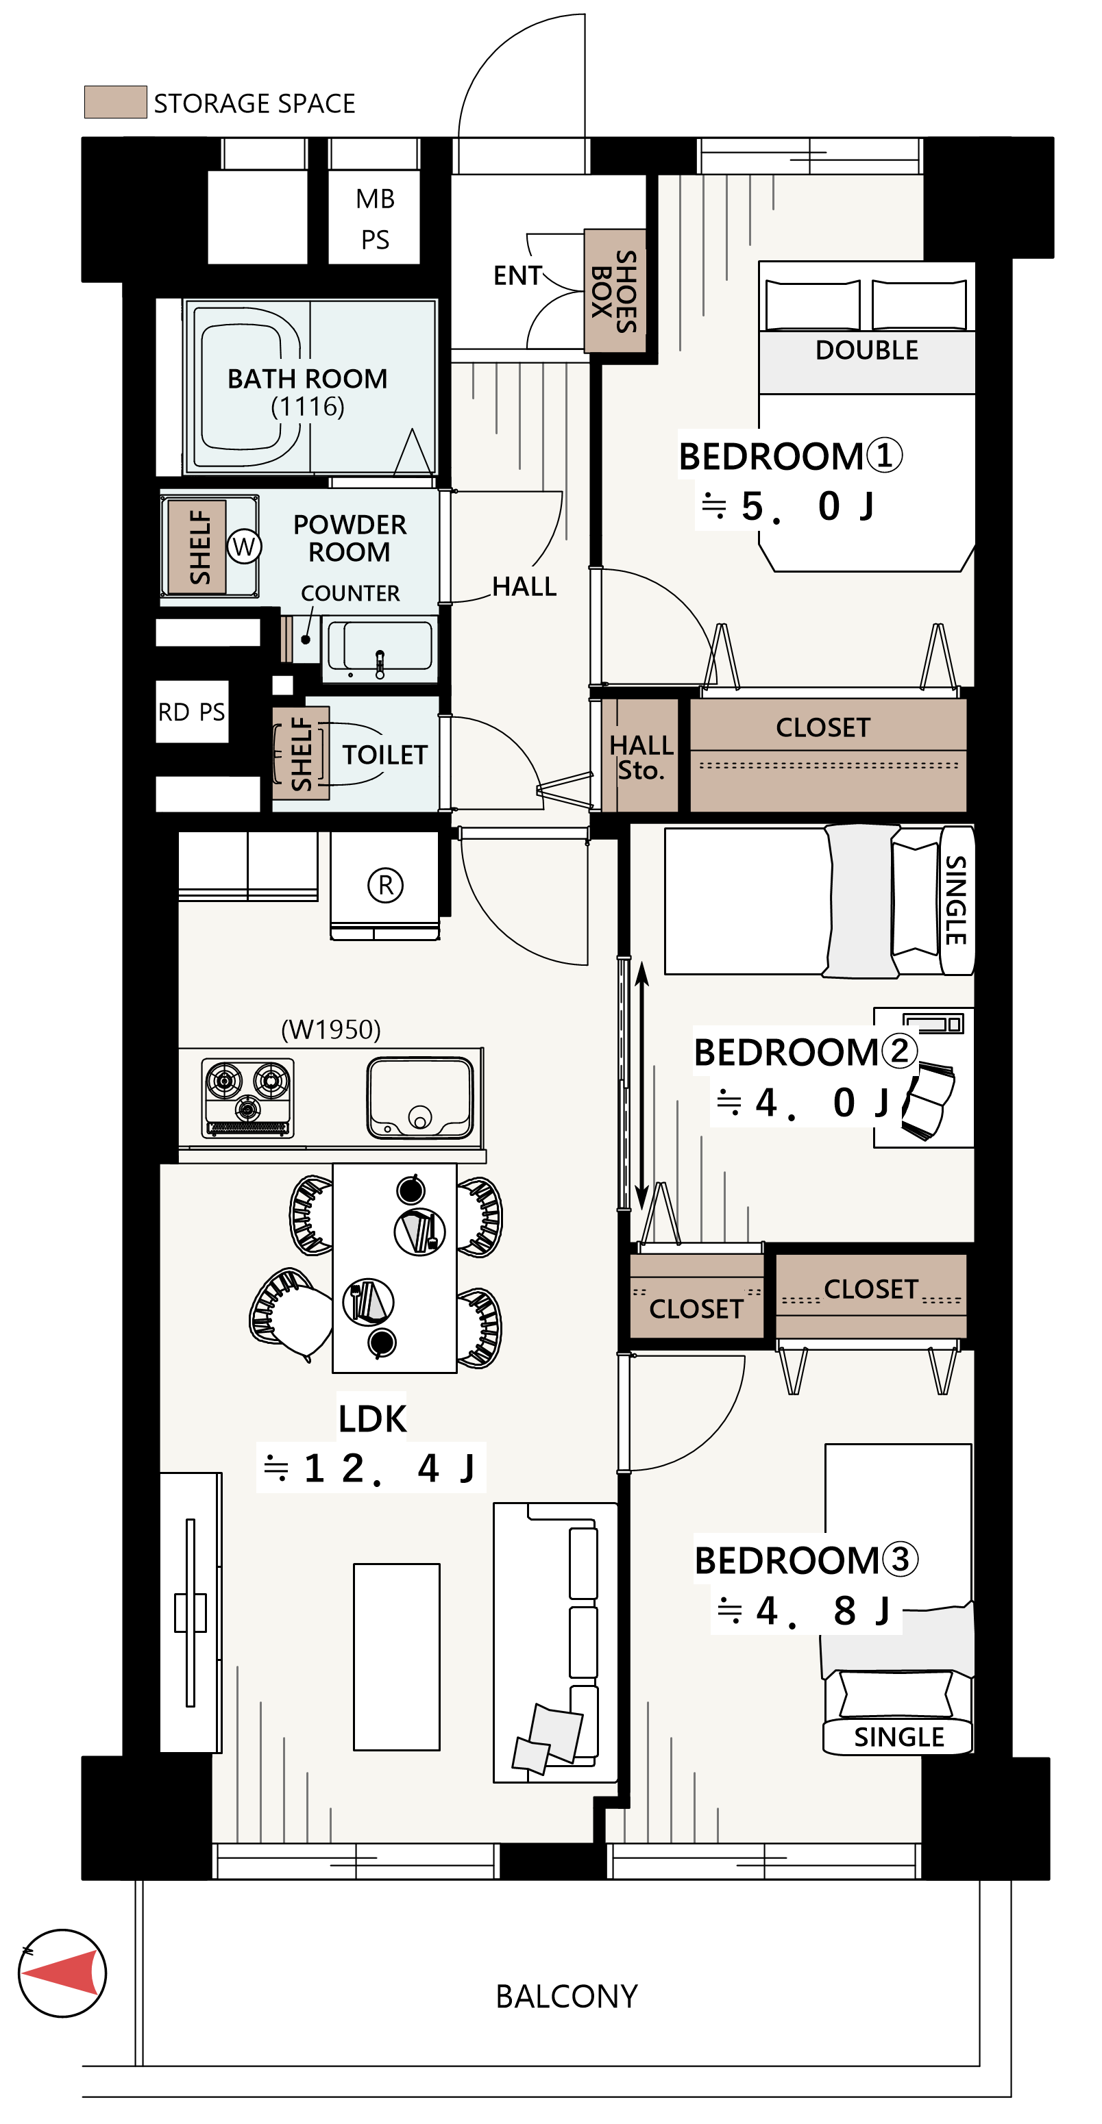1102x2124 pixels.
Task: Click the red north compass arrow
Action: tap(62, 1973)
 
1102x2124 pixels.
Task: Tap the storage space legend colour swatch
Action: tap(116, 101)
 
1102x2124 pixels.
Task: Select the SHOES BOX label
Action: tap(615, 291)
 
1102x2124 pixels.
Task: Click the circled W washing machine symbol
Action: tap(244, 546)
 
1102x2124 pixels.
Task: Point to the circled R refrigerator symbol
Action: tap(385, 885)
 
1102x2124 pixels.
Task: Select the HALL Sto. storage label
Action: tap(641, 757)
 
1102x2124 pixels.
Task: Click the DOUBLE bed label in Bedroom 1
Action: tap(866, 349)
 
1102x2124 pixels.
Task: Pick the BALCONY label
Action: tap(567, 1996)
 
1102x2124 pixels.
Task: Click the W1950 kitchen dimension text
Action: tap(331, 1029)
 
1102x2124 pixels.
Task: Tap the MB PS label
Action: tap(376, 218)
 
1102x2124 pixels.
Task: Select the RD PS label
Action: tap(191, 712)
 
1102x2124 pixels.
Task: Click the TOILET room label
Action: tap(384, 754)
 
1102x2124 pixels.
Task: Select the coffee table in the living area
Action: tap(397, 1656)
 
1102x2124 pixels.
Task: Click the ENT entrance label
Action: tap(518, 275)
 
